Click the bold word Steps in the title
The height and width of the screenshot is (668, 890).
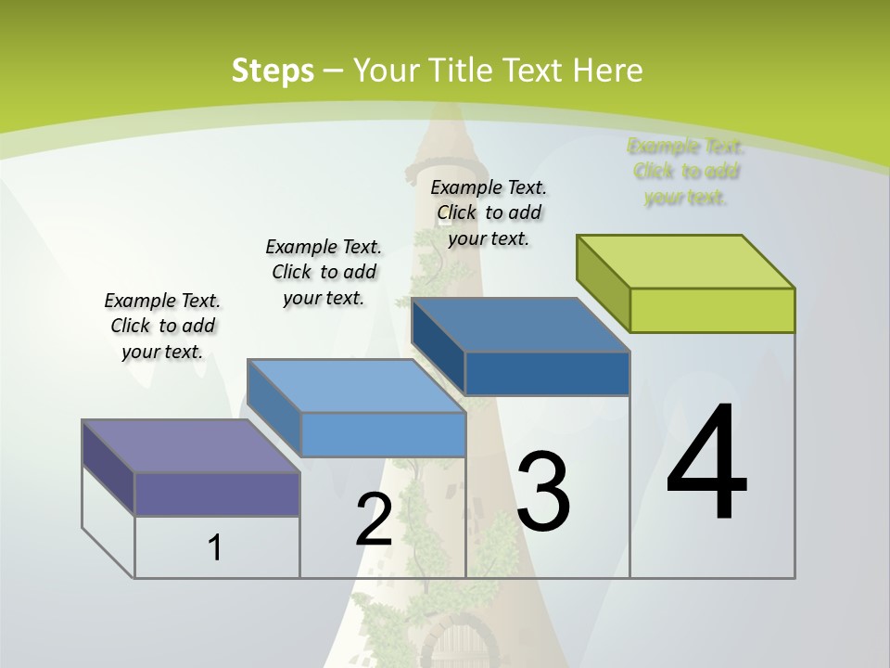point(272,71)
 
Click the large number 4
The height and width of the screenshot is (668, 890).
point(706,464)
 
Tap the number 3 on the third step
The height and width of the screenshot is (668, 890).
point(543,492)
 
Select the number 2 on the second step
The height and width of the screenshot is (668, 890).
point(374,520)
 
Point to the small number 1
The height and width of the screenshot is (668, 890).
point(214,547)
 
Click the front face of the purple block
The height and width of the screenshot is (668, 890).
point(217,494)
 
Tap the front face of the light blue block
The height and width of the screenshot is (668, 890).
point(383,434)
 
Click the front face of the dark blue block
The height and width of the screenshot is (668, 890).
point(547,373)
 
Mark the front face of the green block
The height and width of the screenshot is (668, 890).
point(712,310)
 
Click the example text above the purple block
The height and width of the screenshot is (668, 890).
point(162,326)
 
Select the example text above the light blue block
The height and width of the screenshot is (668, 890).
point(324,272)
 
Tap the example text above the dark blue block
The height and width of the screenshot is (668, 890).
point(489,212)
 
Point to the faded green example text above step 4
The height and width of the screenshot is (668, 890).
point(686,172)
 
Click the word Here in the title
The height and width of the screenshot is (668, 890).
point(608,71)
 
